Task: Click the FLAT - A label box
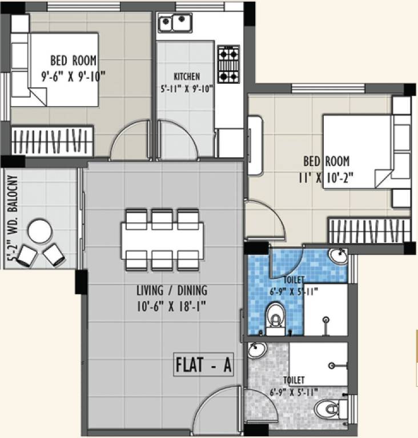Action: [x=203, y=366]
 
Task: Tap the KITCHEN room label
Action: [x=187, y=76]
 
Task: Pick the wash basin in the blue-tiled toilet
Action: [x=338, y=256]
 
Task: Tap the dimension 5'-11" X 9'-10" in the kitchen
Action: [x=186, y=88]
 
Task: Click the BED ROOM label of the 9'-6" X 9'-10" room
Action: [x=73, y=60]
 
